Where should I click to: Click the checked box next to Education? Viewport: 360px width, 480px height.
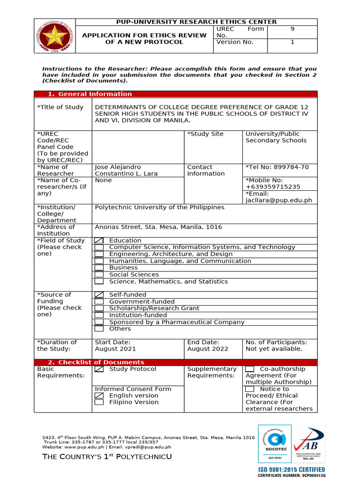[x=99, y=240]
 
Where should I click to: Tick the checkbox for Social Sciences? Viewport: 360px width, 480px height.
[x=99, y=275]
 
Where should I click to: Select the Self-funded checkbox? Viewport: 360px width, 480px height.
[x=99, y=295]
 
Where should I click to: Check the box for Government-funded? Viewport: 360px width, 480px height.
[x=99, y=302]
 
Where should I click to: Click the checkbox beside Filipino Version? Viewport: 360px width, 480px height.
[x=99, y=402]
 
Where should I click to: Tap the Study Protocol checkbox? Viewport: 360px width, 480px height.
[x=99, y=369]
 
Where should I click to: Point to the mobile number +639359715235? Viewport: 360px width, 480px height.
[x=273, y=187]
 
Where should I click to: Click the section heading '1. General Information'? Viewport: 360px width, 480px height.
[x=90, y=94]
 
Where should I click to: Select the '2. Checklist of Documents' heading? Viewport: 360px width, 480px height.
[x=96, y=362]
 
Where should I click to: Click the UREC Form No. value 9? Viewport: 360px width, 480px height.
[x=292, y=29]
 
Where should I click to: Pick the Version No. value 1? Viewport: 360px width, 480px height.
[x=292, y=42]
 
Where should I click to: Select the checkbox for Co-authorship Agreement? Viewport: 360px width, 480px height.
[x=250, y=369]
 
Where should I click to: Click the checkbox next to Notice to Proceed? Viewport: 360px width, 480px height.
[x=250, y=389]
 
